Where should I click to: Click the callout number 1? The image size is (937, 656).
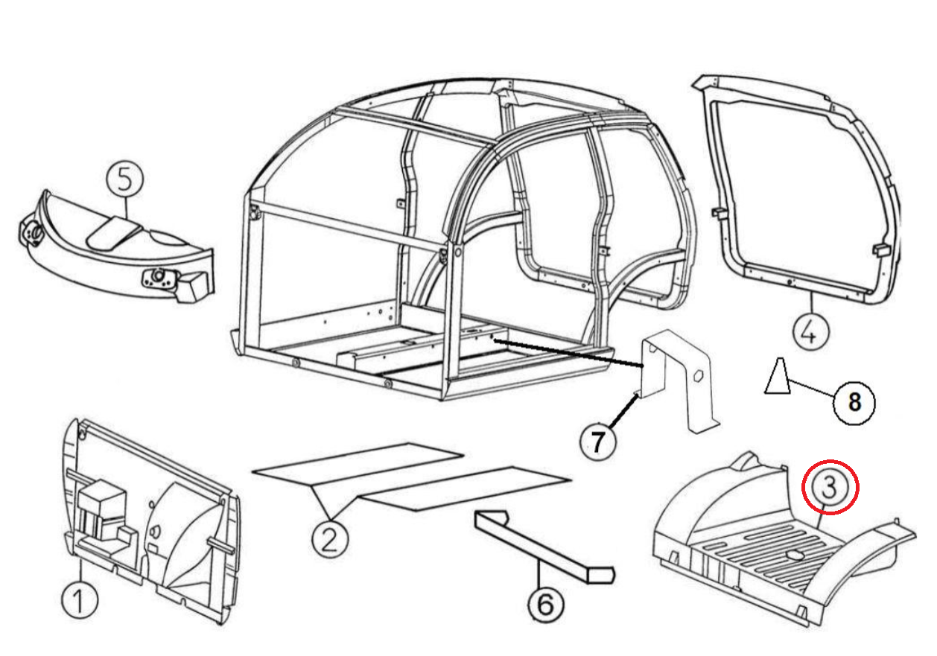tap(80, 600)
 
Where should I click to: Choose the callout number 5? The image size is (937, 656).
tap(124, 180)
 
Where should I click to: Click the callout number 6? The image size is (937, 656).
tap(546, 604)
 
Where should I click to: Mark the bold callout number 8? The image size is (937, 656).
tap(853, 403)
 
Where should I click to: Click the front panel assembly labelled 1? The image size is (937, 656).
tap(149, 521)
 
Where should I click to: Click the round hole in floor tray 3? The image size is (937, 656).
tap(793, 554)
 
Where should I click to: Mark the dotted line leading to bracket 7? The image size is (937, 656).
tap(566, 354)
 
